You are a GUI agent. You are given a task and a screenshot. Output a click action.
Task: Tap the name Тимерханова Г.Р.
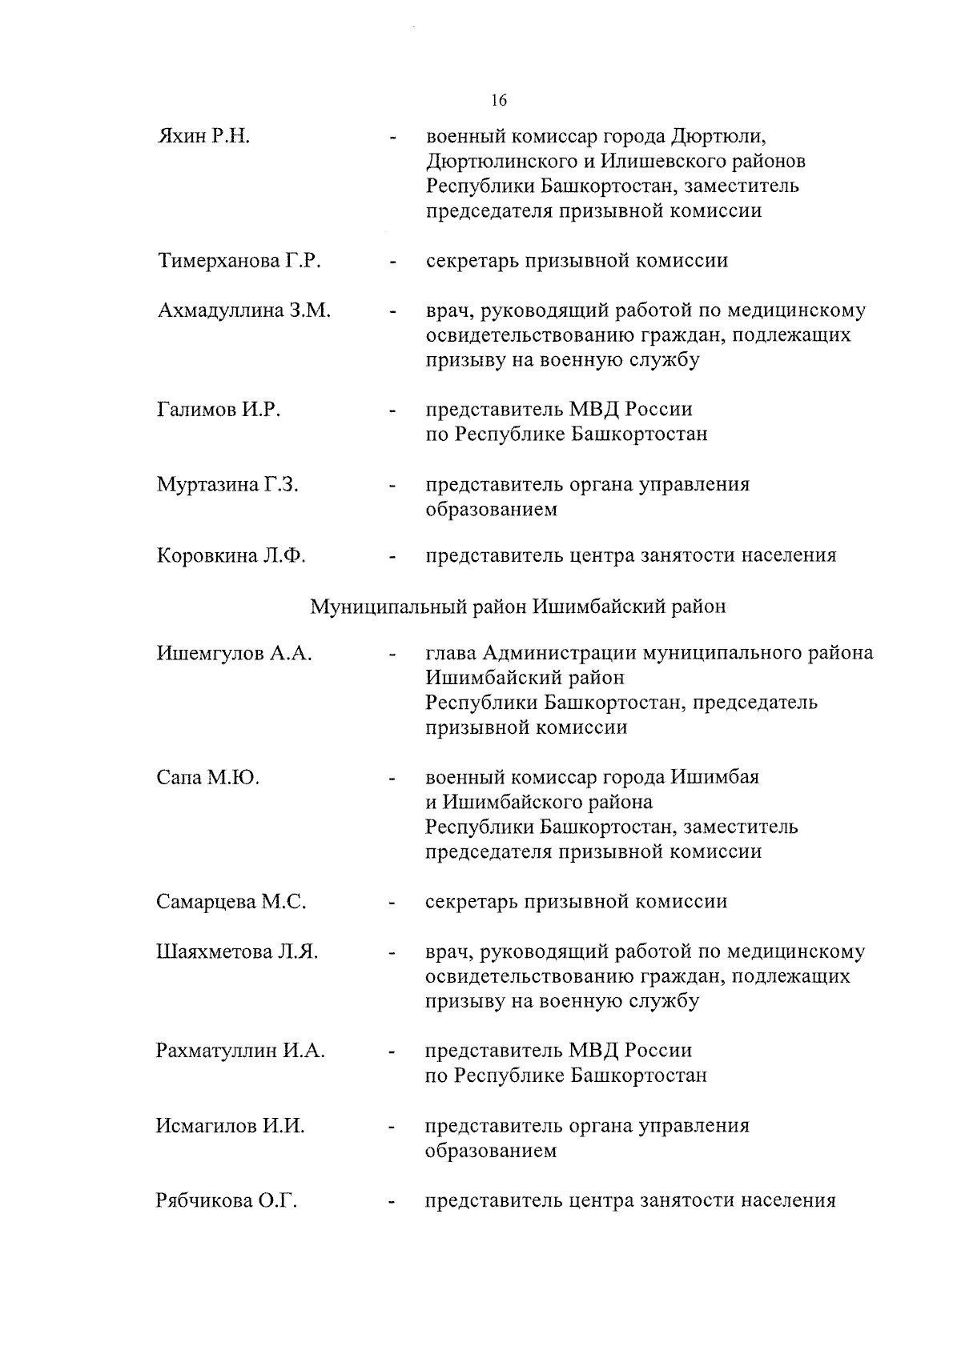point(239,261)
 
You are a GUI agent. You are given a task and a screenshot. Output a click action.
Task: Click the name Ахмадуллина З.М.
point(243,310)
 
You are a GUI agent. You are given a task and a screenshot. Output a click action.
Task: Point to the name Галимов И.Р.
point(219,410)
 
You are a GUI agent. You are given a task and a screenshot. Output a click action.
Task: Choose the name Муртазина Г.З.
point(227,484)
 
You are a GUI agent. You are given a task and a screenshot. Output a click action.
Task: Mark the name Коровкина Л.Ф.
point(231,555)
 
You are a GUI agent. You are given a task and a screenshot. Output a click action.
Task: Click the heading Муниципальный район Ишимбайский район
point(518,607)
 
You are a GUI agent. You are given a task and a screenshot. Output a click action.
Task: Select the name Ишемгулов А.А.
point(234,654)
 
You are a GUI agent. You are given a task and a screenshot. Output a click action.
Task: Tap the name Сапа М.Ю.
point(207,777)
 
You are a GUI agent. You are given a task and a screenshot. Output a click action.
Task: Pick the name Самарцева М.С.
point(231,902)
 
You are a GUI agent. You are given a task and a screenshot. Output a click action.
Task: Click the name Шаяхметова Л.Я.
point(237,952)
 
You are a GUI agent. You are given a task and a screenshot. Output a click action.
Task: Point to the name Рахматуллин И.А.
point(240,1051)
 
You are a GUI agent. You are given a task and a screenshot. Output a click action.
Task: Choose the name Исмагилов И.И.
point(231,1126)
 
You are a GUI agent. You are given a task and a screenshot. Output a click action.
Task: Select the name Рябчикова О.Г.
point(227,1201)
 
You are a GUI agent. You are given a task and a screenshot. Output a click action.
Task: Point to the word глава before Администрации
point(452,654)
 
